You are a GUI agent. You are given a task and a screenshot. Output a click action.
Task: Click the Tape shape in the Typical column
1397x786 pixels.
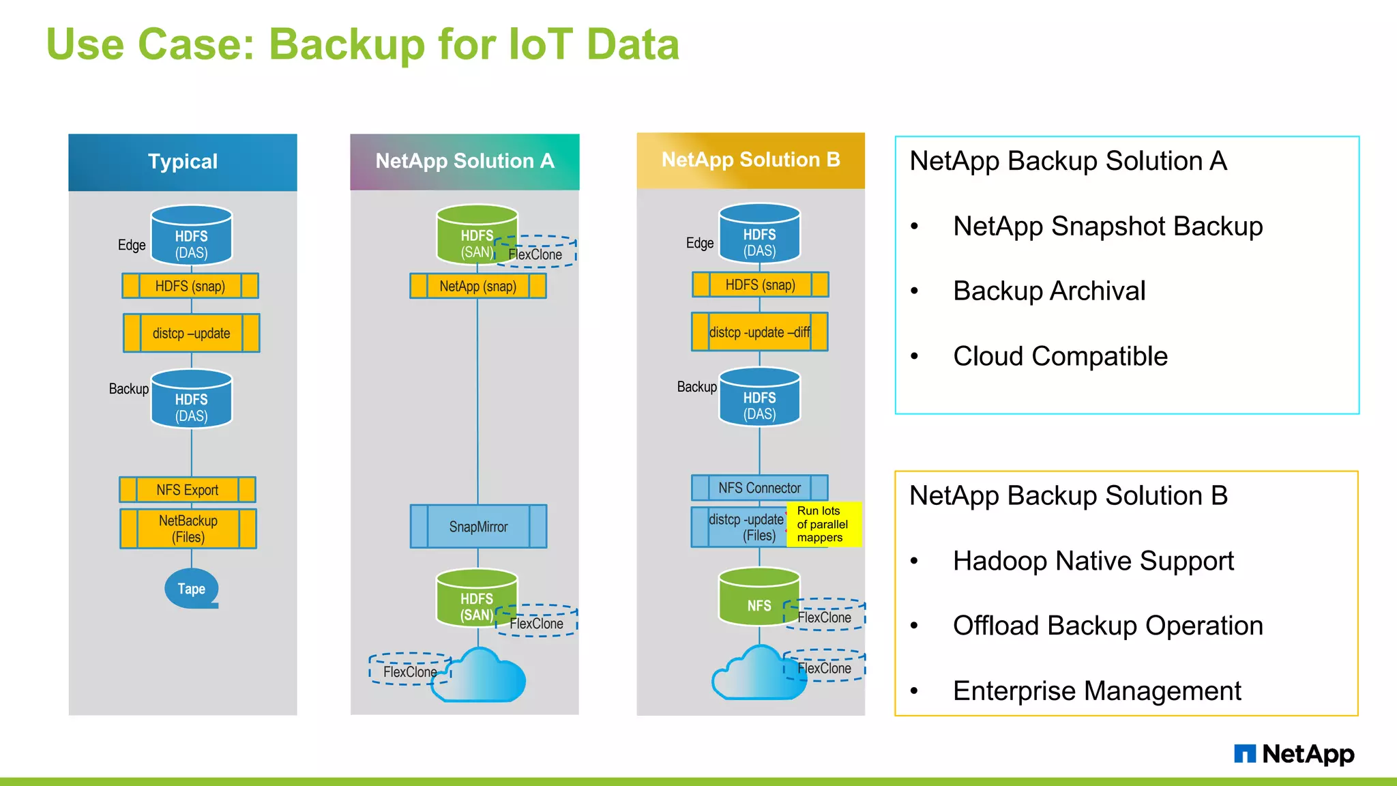(x=191, y=588)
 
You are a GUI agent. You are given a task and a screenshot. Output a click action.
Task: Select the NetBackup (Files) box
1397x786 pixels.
(x=188, y=529)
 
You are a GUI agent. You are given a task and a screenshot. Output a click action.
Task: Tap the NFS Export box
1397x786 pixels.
(x=188, y=490)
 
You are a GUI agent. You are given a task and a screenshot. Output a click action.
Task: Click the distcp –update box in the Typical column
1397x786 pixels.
(x=191, y=333)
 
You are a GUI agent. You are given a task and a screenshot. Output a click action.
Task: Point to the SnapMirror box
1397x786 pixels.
(x=478, y=526)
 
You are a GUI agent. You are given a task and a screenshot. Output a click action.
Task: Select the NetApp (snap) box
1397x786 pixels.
(x=477, y=286)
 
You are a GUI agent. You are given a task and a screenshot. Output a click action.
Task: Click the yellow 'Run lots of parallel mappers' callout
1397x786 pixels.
(x=823, y=524)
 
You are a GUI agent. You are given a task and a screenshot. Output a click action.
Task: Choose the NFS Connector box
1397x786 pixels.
(x=759, y=488)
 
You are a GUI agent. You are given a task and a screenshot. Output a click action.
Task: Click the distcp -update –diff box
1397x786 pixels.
(x=759, y=332)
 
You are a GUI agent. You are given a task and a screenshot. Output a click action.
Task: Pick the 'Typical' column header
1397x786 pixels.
(x=183, y=162)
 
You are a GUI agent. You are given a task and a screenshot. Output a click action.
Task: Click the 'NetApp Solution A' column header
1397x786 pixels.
(x=465, y=161)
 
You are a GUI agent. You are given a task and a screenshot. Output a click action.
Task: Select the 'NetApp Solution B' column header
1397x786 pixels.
(x=750, y=160)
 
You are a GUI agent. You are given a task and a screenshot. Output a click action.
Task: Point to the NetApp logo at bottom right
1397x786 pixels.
(x=1294, y=754)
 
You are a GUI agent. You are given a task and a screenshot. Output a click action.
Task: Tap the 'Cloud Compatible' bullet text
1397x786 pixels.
(x=1060, y=356)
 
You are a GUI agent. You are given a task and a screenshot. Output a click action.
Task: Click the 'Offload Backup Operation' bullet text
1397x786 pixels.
(x=1108, y=626)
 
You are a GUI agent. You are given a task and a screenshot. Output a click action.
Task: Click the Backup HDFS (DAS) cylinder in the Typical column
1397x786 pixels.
(x=192, y=400)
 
